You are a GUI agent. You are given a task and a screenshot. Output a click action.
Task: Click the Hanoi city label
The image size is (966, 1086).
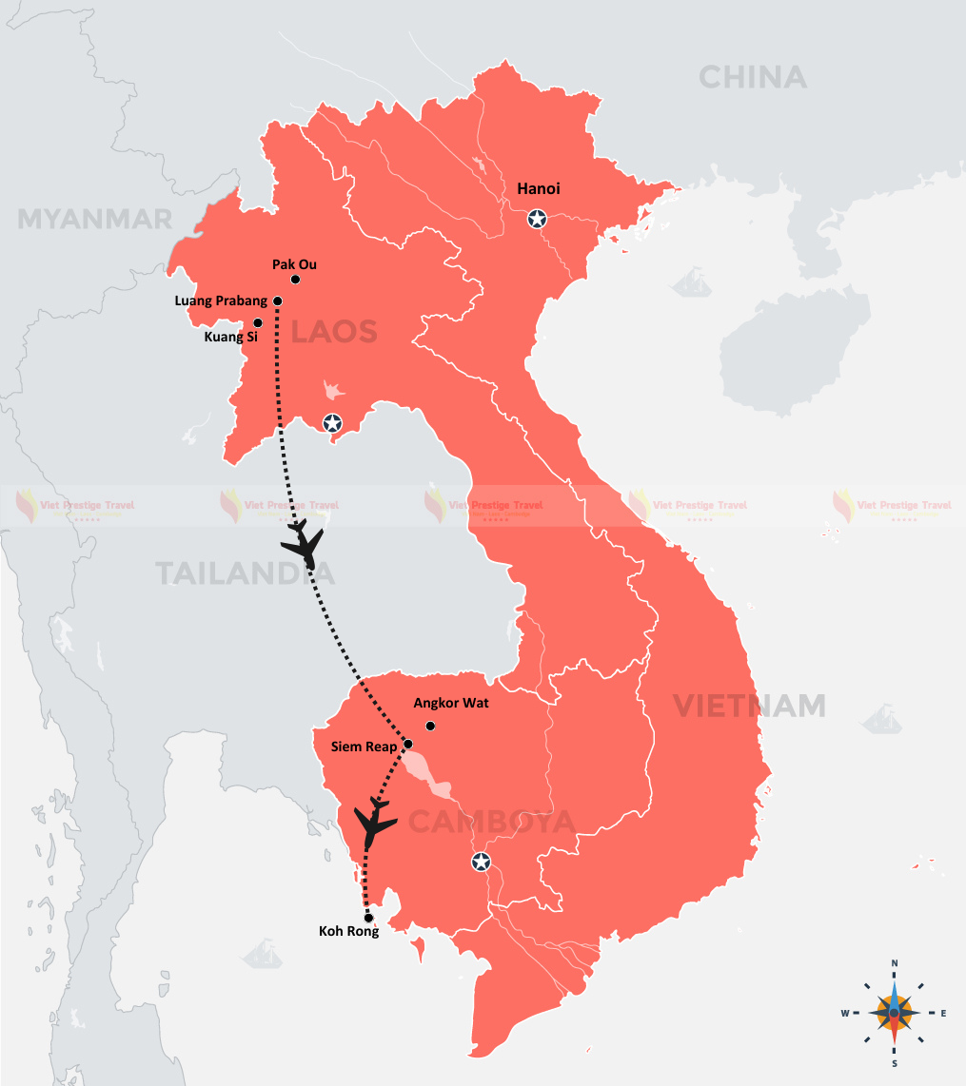[539, 189]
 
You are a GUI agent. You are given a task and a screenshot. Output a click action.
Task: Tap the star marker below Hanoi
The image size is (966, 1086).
[537, 220]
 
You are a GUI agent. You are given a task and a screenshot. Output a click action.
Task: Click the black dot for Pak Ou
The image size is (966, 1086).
[296, 280]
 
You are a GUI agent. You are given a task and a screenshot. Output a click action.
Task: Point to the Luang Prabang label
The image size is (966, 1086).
[221, 301]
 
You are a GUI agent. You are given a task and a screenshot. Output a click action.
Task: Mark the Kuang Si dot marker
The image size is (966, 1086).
[257, 323]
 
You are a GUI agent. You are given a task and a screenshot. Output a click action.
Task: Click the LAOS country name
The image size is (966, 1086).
[334, 332]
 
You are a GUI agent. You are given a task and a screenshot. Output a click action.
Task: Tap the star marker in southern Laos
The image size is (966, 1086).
[332, 423]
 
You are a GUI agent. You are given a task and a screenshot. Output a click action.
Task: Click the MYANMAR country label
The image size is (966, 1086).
[95, 220]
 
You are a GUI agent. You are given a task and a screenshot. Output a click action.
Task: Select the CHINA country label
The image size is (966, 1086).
[752, 77]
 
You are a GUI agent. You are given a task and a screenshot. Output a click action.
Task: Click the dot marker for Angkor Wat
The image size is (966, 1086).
[430, 727]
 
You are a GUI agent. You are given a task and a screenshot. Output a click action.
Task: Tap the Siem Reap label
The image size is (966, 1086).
[365, 747]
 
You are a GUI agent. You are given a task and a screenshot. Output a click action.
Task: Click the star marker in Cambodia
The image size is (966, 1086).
[482, 863]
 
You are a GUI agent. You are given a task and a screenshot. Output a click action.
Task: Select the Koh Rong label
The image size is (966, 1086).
[348, 932]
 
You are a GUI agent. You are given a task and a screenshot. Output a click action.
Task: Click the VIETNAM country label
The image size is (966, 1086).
[749, 706]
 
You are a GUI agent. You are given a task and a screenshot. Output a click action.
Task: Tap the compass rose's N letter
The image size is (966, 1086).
[895, 963]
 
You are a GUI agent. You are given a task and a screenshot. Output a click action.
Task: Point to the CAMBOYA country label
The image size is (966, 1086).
[491, 821]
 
